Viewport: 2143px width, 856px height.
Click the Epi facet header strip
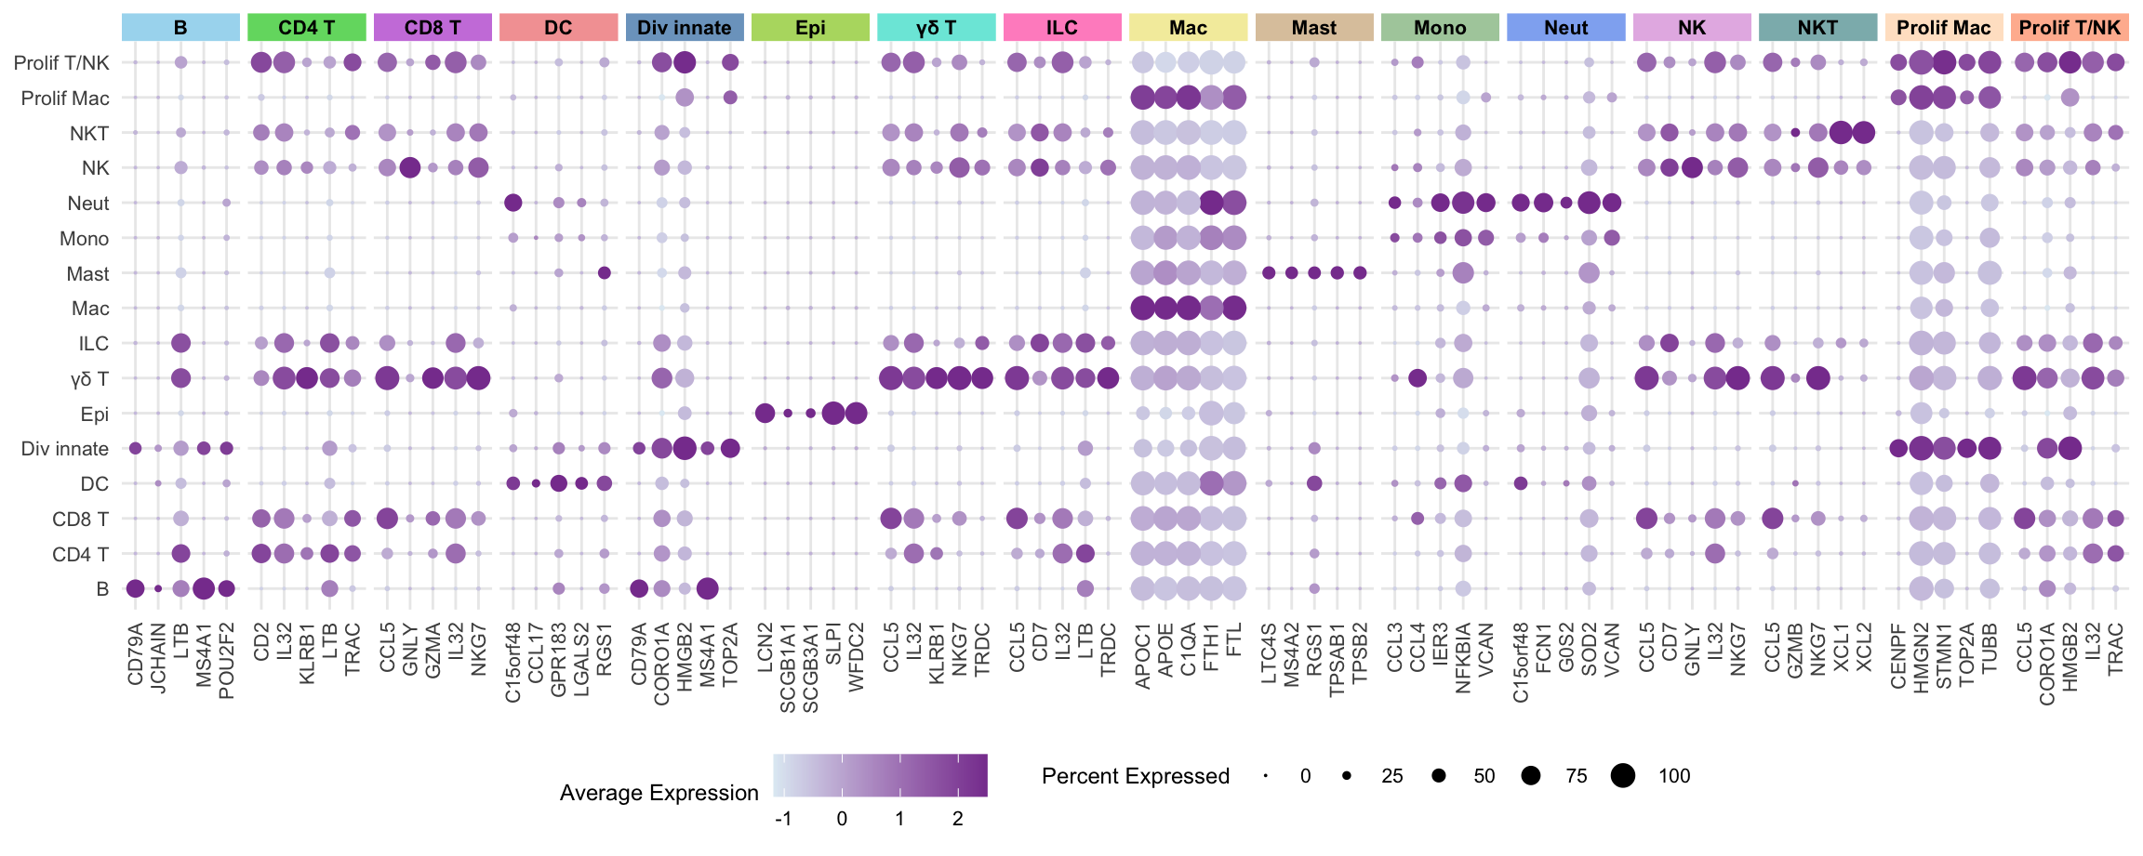point(810,28)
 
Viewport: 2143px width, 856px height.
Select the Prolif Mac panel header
point(1943,28)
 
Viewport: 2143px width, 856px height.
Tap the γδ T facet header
point(936,28)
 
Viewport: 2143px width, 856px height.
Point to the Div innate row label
point(65,449)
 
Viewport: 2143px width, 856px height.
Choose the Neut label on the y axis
point(88,204)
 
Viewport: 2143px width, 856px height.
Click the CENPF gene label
point(1898,656)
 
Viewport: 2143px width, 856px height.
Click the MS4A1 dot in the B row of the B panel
point(204,588)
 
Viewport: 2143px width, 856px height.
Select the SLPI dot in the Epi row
point(833,414)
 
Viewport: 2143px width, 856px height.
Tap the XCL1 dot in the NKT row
point(1840,133)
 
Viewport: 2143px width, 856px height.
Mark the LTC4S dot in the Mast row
point(1269,273)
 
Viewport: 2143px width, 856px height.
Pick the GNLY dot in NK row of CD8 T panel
point(409,168)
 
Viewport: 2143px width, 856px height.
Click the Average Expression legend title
point(659,793)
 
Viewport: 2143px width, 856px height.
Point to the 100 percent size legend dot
point(1623,776)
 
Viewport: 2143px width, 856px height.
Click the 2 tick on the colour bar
point(958,819)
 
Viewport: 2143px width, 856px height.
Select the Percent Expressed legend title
point(1135,776)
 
